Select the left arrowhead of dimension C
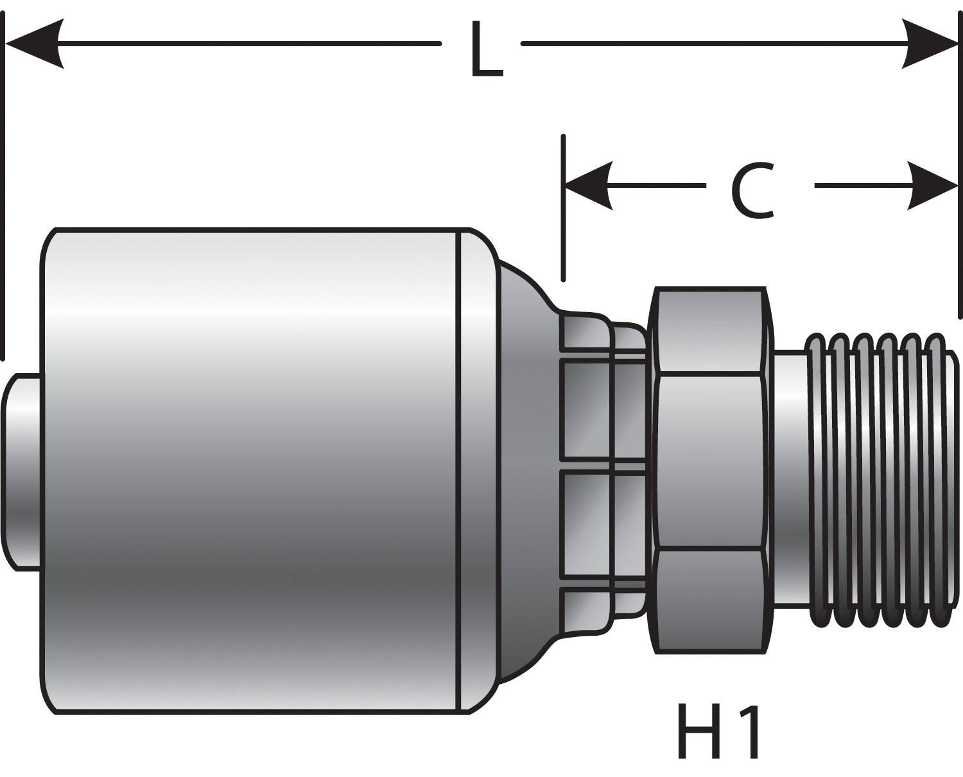pos(587,186)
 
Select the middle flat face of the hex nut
pos(709,462)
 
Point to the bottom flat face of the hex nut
pos(709,600)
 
